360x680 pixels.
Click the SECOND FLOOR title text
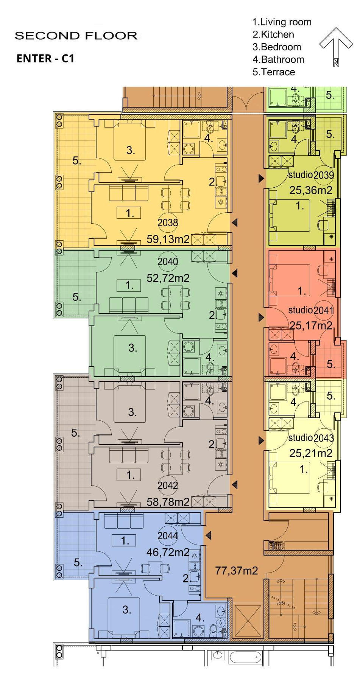click(76, 36)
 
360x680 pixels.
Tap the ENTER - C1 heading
click(45, 58)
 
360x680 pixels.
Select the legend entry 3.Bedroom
click(277, 47)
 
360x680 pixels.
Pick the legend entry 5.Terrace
click(274, 72)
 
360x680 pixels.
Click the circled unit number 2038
click(168, 223)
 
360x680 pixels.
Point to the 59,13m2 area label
click(168, 239)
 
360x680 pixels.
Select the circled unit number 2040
click(168, 261)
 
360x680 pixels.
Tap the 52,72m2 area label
click(168, 278)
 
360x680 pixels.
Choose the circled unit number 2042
click(168, 485)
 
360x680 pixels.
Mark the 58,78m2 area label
click(168, 502)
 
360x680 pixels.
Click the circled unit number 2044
click(168, 536)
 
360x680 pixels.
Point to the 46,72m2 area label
click(168, 552)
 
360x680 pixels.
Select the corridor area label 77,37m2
click(237, 571)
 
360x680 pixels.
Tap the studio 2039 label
click(311, 175)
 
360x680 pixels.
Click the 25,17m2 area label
click(311, 325)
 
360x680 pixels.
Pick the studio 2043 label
click(311, 438)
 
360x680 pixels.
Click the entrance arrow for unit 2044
click(208, 535)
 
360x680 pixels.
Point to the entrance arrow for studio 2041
click(261, 317)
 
